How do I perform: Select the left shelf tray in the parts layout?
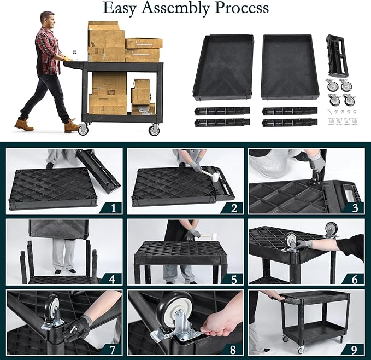coord(223,67)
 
